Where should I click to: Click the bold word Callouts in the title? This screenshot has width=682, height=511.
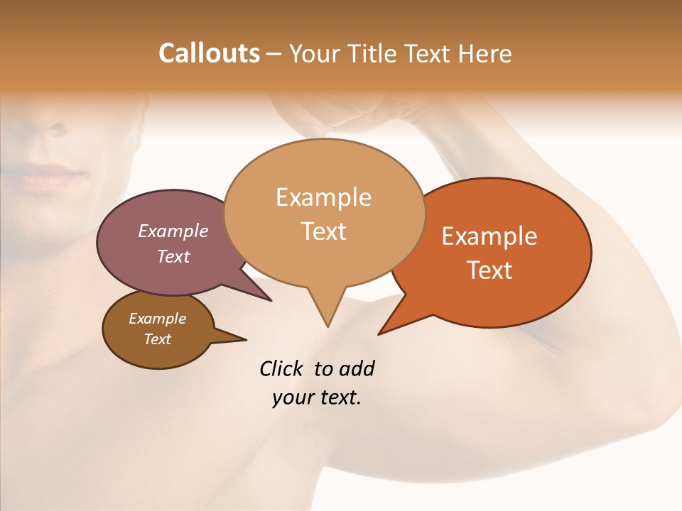tap(209, 53)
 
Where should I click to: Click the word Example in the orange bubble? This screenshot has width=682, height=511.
tap(489, 236)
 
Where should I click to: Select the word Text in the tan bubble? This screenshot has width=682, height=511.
tap(324, 231)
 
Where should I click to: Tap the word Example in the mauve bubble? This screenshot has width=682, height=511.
tap(173, 231)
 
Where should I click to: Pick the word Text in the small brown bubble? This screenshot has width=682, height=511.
tap(158, 339)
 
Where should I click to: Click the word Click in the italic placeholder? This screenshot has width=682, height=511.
tap(283, 368)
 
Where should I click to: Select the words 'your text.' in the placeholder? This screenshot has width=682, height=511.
tap(317, 398)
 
